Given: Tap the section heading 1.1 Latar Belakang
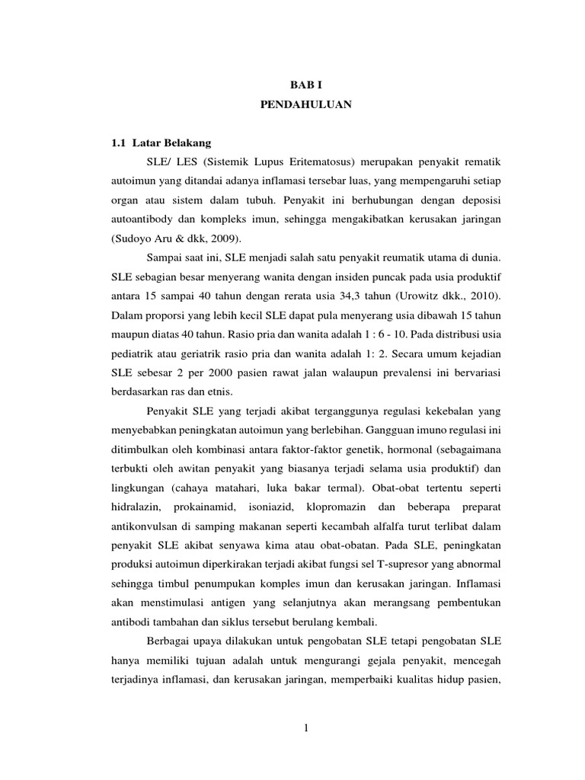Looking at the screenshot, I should tap(161, 142).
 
